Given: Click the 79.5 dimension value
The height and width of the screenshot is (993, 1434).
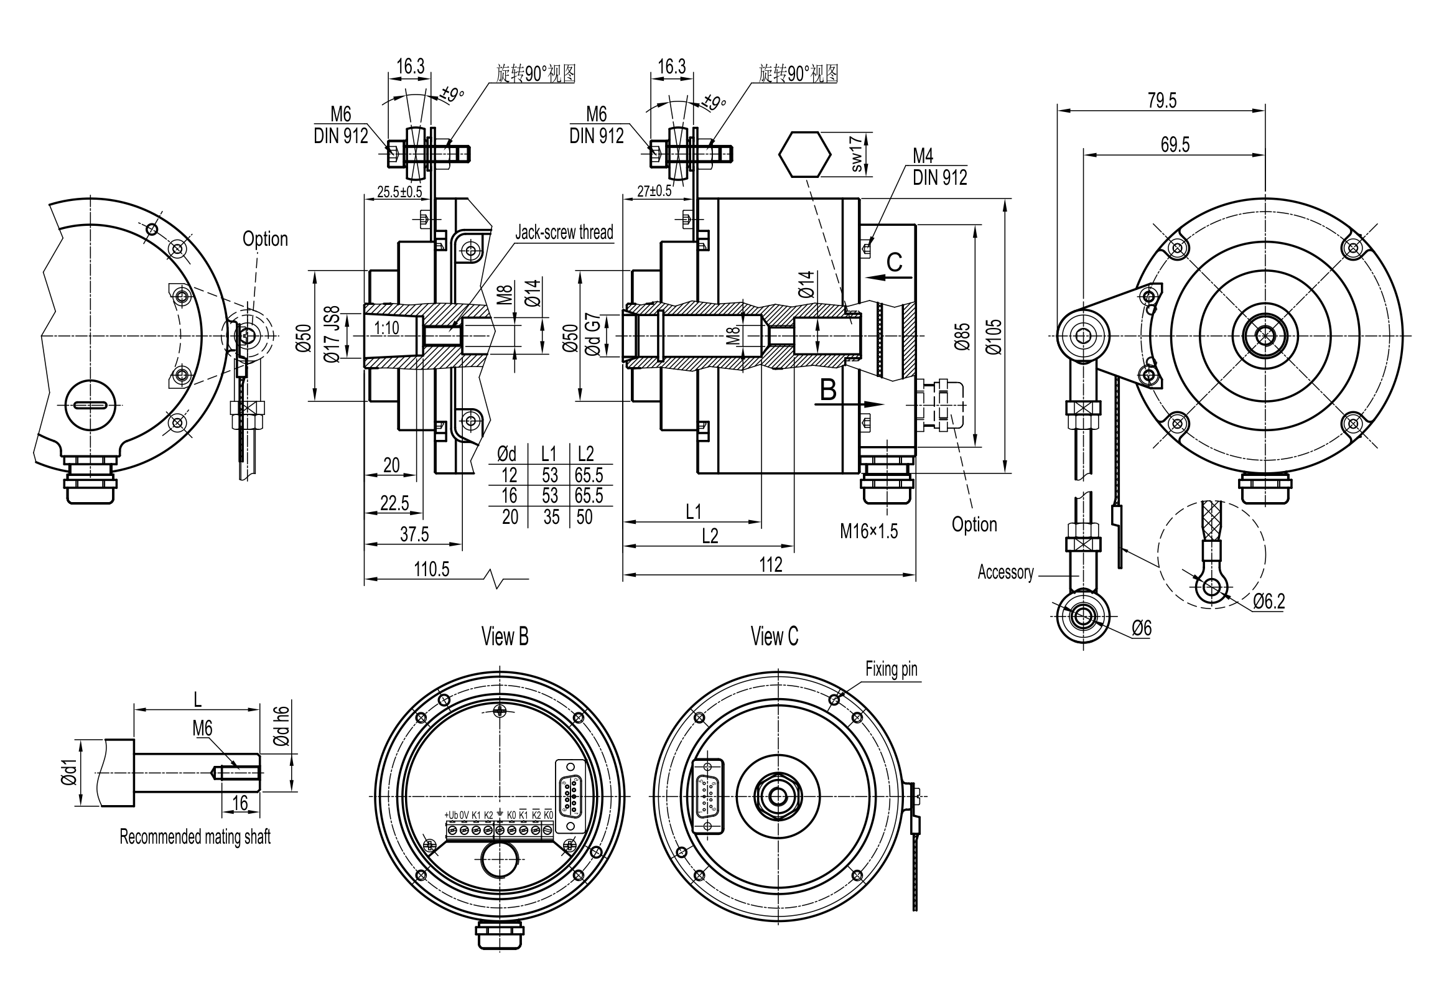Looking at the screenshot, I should click(x=1162, y=100).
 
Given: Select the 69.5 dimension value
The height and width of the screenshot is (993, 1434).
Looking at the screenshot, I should click(x=1175, y=145).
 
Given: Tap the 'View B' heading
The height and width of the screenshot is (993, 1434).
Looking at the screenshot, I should click(x=505, y=636).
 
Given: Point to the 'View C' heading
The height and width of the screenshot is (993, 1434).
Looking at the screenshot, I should click(x=774, y=636).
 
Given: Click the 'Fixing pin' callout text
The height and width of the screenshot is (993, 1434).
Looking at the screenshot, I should click(x=891, y=669).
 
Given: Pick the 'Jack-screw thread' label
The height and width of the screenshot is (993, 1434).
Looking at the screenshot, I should click(x=564, y=232).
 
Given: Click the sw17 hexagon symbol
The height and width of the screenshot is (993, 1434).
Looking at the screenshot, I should click(x=804, y=154).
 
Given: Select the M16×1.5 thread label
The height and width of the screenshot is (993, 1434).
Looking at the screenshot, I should click(x=868, y=531).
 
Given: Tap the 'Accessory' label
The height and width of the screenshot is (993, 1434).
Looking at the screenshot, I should click(x=1005, y=572).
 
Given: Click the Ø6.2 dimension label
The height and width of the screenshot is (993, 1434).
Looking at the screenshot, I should click(x=1269, y=601).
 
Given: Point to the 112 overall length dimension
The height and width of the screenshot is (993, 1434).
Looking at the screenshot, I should click(x=770, y=564).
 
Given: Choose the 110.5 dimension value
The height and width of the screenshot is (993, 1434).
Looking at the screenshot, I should click(x=431, y=569).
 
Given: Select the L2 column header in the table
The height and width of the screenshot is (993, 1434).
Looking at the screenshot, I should click(x=585, y=453).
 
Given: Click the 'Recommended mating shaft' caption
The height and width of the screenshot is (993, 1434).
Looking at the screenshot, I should click(x=195, y=837).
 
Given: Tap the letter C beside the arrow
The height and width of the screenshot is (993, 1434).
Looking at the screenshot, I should click(x=894, y=263).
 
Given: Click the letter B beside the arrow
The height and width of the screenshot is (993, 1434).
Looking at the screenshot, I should click(x=828, y=390).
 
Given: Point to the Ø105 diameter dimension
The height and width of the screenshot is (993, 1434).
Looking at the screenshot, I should click(x=994, y=337).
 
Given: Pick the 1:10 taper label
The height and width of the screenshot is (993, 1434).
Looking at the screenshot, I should click(x=386, y=328).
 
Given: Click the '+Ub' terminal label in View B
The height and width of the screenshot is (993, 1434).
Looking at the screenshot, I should click(x=450, y=815).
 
